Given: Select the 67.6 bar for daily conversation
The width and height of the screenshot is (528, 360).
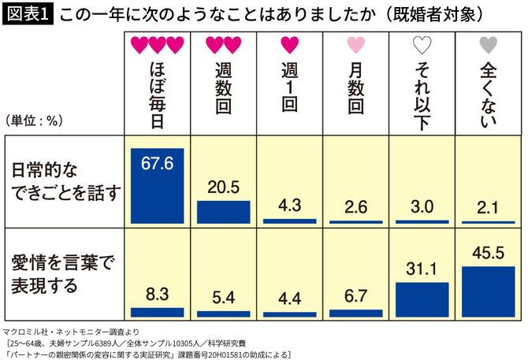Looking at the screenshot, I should pyautogui.click(x=158, y=189).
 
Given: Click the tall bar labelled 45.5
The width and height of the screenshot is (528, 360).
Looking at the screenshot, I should pyautogui.click(x=488, y=291).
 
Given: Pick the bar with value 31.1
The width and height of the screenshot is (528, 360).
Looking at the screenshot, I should pyautogui.click(x=422, y=299).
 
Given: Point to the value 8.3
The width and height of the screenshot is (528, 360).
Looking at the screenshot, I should pyautogui.click(x=158, y=295).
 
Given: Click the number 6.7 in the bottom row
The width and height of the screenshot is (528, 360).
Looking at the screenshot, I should pyautogui.click(x=355, y=295).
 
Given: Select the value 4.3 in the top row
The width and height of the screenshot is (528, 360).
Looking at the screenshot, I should pyautogui.click(x=289, y=206).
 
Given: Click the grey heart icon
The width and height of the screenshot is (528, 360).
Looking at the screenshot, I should pyautogui.click(x=488, y=45).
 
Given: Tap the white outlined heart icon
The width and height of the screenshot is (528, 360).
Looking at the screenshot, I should pyautogui.click(x=422, y=45).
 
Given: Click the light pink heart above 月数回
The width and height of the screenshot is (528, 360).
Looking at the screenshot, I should pyautogui.click(x=355, y=45).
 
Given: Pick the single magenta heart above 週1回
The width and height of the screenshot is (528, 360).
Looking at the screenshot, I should pyautogui.click(x=289, y=45).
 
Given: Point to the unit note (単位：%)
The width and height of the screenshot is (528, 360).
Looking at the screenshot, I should pyautogui.click(x=34, y=121).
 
